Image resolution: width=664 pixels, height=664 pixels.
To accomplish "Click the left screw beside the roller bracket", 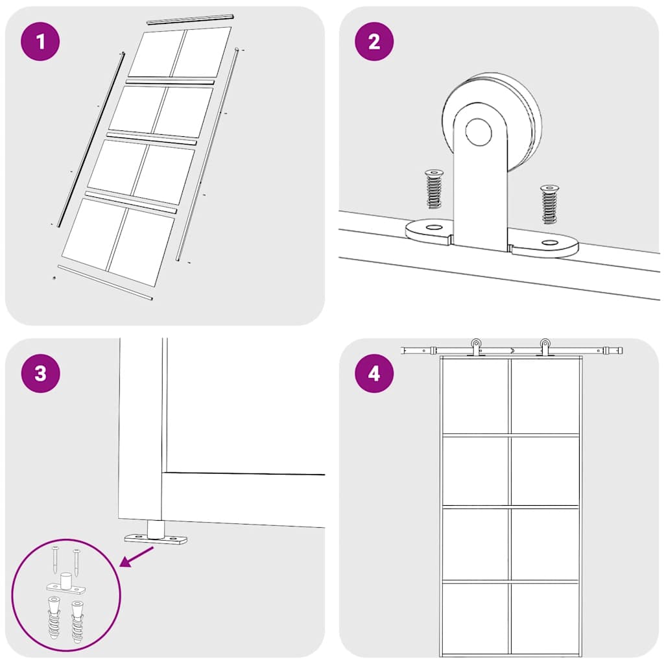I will [x=433, y=189].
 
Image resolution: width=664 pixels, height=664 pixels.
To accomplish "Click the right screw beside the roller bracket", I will [x=549, y=204].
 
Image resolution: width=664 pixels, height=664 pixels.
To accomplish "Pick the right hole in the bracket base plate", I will [x=549, y=243].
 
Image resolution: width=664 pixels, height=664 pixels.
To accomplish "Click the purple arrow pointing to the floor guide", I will [x=137, y=556].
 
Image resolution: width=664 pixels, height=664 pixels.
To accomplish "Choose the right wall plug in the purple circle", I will [x=77, y=619].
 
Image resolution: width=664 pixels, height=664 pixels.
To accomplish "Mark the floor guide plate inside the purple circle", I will [x=65, y=587].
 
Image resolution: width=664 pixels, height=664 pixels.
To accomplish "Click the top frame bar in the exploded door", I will [x=190, y=18].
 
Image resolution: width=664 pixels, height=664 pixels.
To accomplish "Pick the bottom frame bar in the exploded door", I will [x=105, y=283].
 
